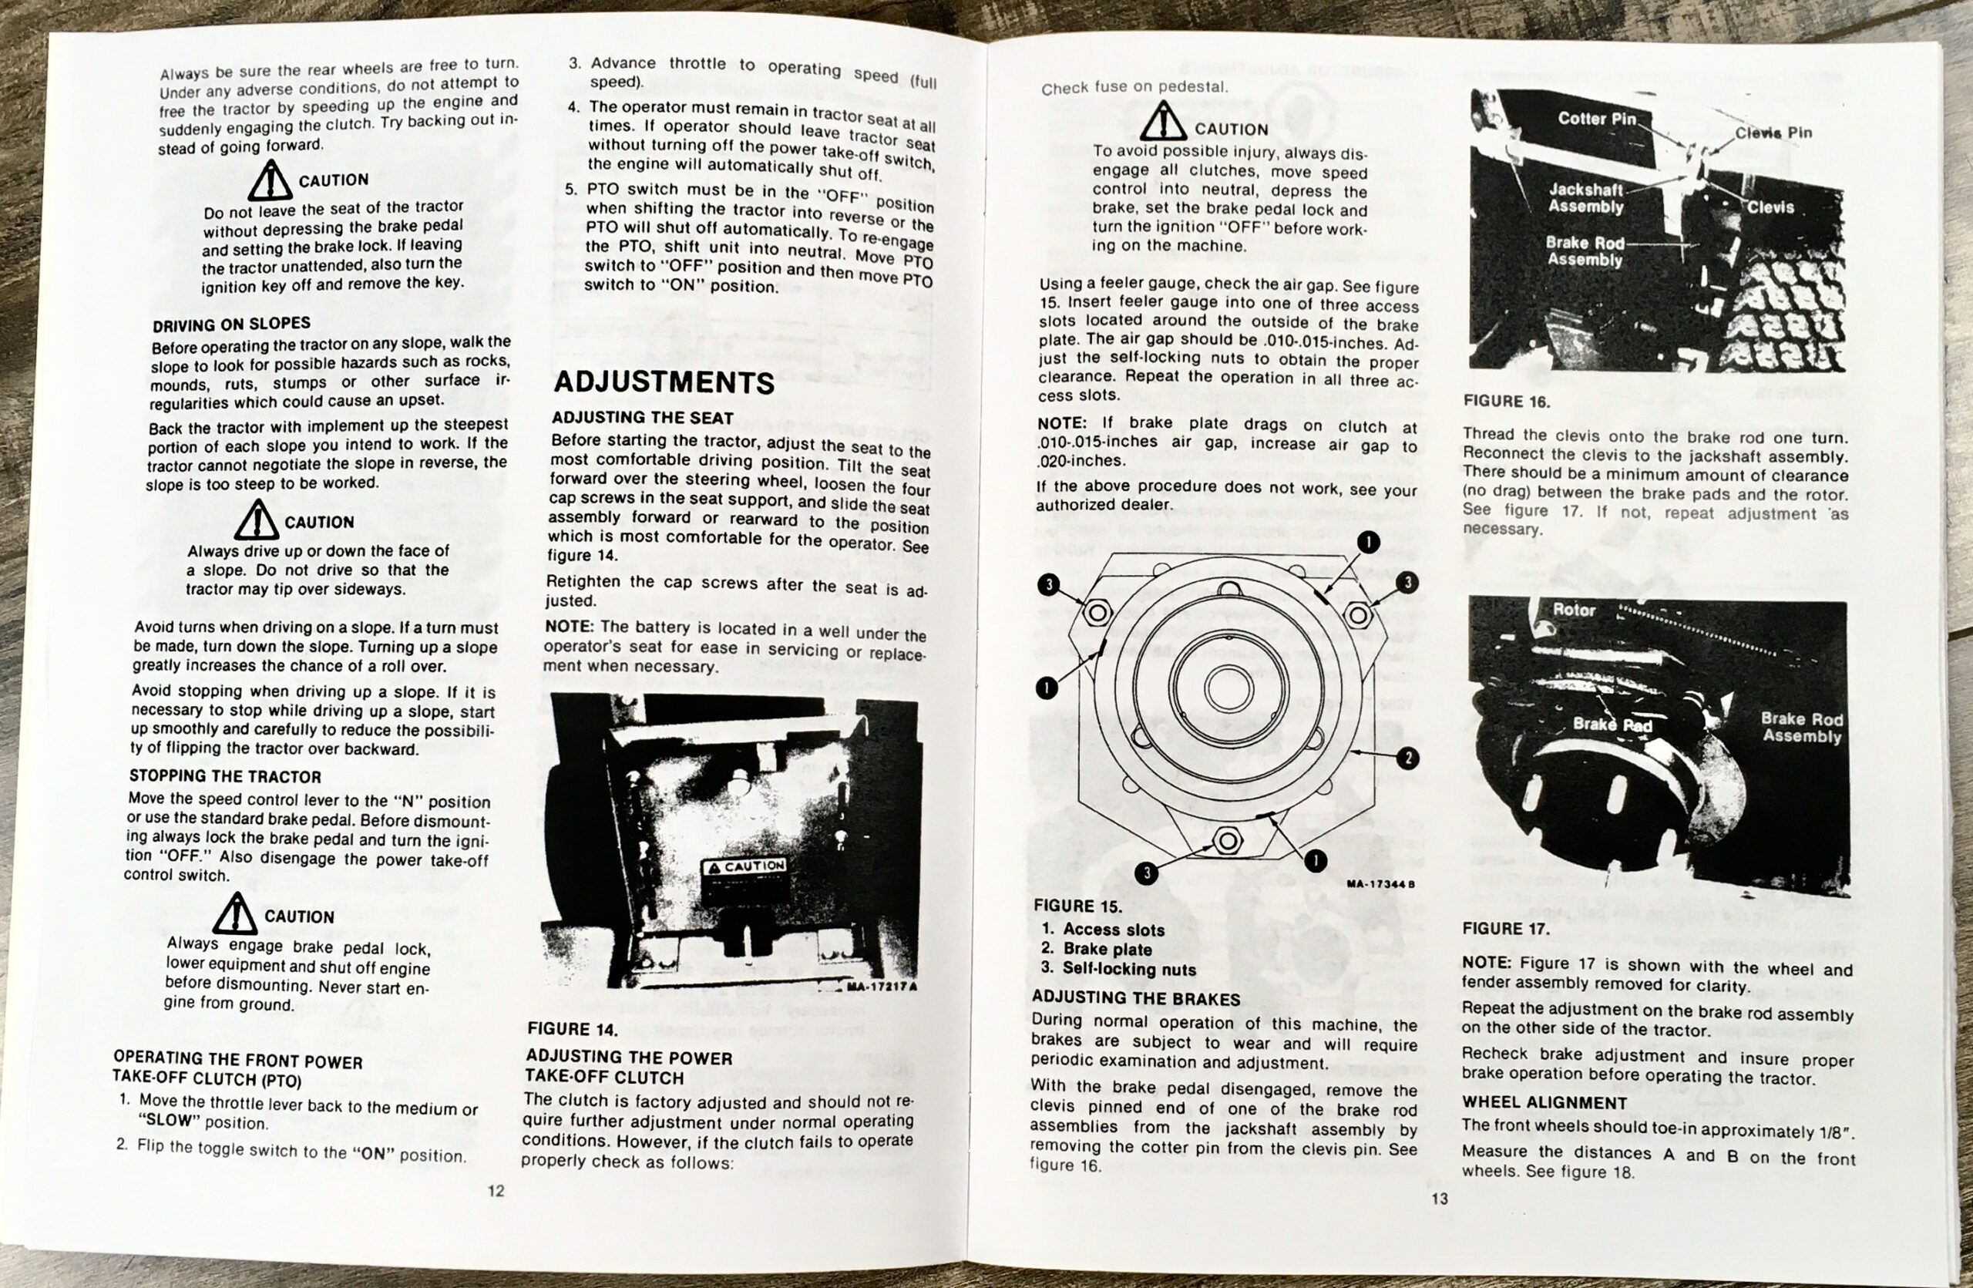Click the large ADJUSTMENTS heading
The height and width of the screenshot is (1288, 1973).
pos(664,382)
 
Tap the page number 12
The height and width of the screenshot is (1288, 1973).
pos(496,1191)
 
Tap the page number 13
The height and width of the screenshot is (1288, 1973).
pos(1439,1199)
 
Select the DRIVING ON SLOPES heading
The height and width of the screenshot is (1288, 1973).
pos(231,324)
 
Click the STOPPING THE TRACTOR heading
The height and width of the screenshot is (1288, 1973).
pos(224,777)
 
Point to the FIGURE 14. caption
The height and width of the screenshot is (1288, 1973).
pos(572,1030)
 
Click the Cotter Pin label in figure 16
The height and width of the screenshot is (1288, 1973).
pos(1597,119)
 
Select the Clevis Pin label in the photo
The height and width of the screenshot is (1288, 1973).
pos(1773,133)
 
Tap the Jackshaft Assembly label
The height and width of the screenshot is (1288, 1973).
pos(1585,198)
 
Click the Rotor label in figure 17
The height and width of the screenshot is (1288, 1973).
pos(1574,610)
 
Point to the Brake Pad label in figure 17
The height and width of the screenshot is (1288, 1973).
pos(1612,725)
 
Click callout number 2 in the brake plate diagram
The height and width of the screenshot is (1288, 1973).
pos(1407,758)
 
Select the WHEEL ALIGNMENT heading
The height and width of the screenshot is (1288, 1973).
pos(1544,1103)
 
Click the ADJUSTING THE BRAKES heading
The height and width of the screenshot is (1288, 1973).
pos(1136,999)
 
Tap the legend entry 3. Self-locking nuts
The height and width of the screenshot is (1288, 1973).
pos(1118,969)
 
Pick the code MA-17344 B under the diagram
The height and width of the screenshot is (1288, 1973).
pos(1380,884)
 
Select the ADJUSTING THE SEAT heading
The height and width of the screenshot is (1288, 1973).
pos(643,418)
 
